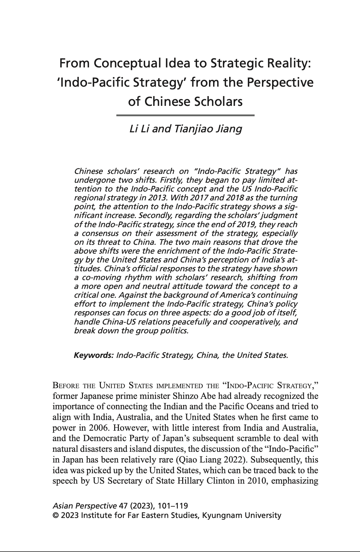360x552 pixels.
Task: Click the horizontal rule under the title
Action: click(x=185, y=116)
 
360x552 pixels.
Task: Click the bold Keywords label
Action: click(x=94, y=355)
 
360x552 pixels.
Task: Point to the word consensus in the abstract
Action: click(x=101, y=233)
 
